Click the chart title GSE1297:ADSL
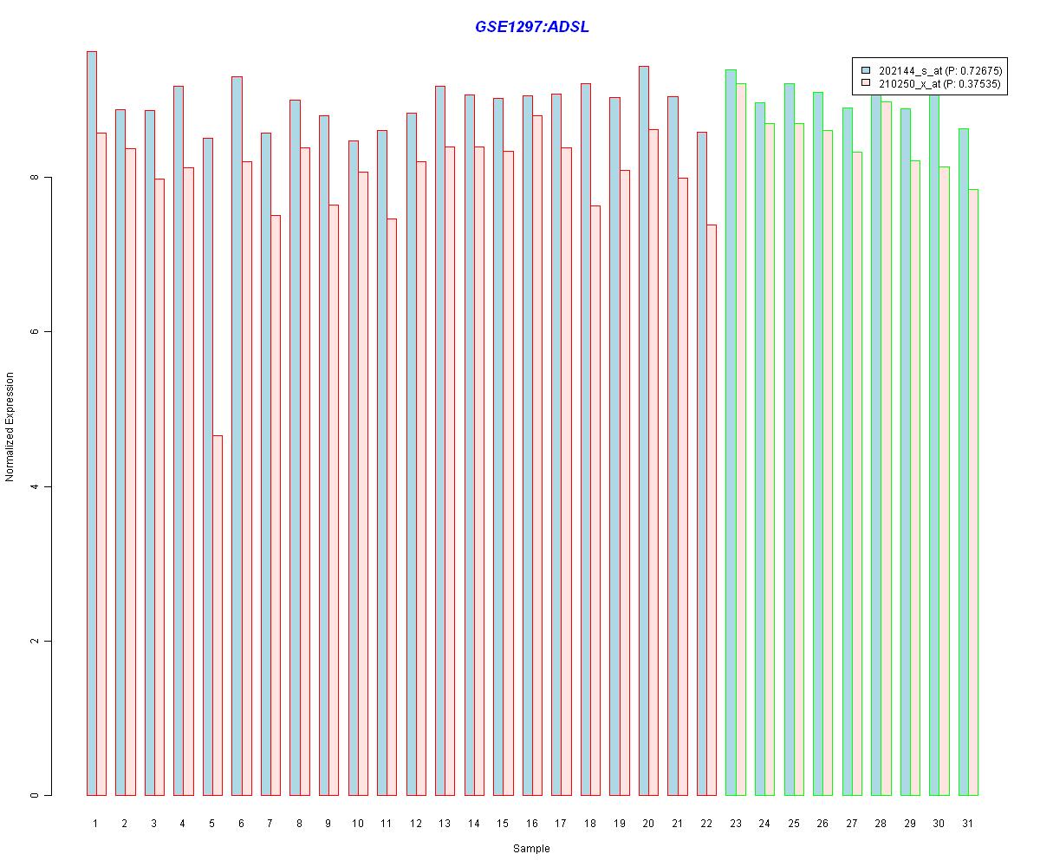tap(531, 27)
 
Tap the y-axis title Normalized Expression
tap(10, 427)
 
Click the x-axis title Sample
tap(530, 849)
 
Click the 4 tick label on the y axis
tap(36, 486)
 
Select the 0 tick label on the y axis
tap(36, 795)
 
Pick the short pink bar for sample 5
tap(218, 616)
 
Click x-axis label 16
tap(531, 823)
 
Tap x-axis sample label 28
tap(880, 823)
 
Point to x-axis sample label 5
tap(211, 823)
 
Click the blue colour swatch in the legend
tap(865, 69)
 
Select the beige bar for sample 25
tap(799, 460)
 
